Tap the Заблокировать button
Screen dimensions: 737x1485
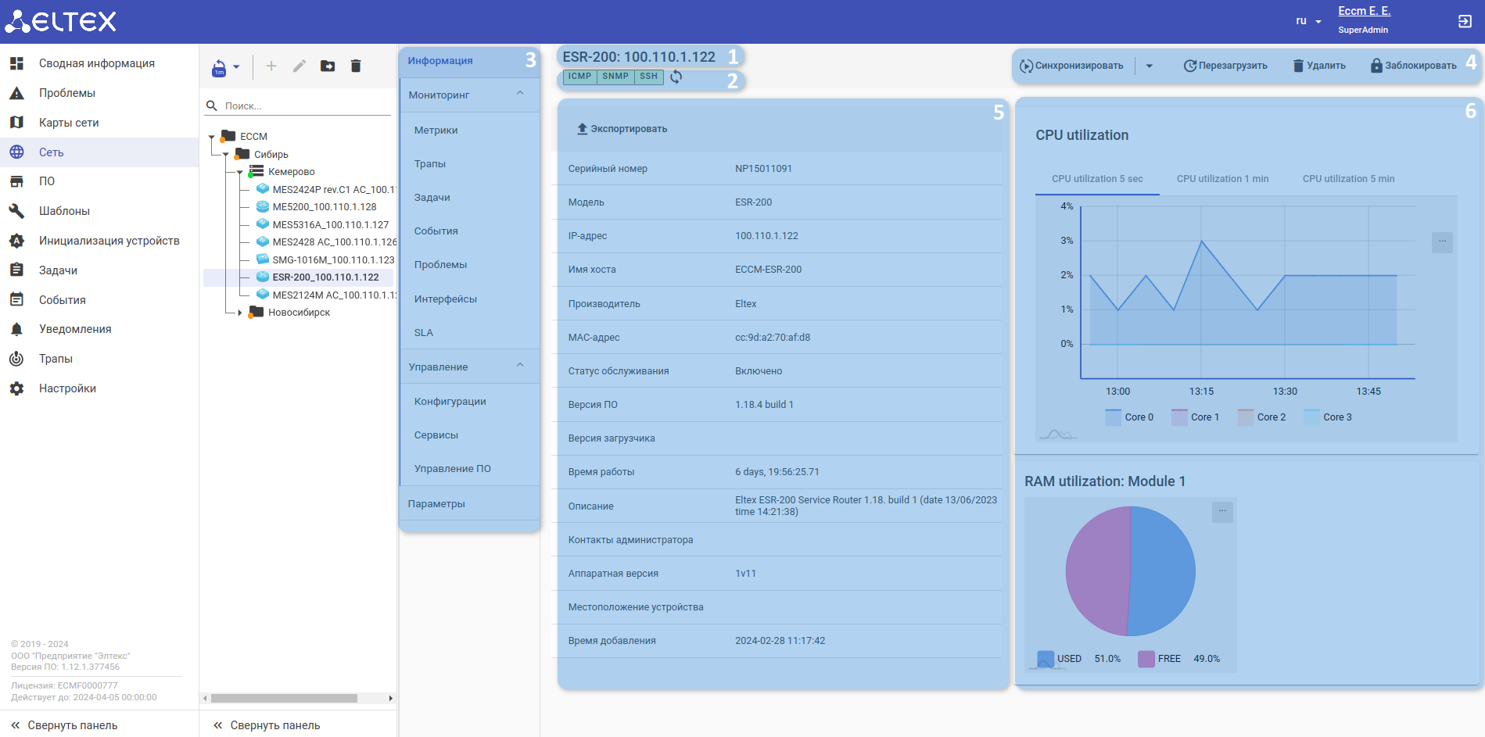point(1413,66)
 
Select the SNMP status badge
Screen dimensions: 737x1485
point(615,77)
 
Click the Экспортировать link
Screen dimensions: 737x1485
point(622,129)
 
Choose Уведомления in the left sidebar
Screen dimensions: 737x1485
point(75,329)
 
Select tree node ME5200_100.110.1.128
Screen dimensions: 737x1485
point(324,207)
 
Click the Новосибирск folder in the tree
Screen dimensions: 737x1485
point(299,313)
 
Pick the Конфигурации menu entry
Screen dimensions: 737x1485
point(450,402)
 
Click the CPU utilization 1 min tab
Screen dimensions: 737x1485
point(1222,179)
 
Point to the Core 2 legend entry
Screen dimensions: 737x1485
point(1271,417)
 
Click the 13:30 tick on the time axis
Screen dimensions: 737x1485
point(1285,392)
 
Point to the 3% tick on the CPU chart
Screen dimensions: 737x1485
point(1067,241)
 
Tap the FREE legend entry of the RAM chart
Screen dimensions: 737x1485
point(1169,659)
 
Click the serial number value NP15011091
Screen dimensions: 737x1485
point(763,169)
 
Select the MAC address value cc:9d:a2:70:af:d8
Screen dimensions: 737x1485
point(772,338)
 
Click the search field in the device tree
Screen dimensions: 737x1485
point(305,106)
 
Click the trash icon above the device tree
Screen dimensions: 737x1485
point(356,66)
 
